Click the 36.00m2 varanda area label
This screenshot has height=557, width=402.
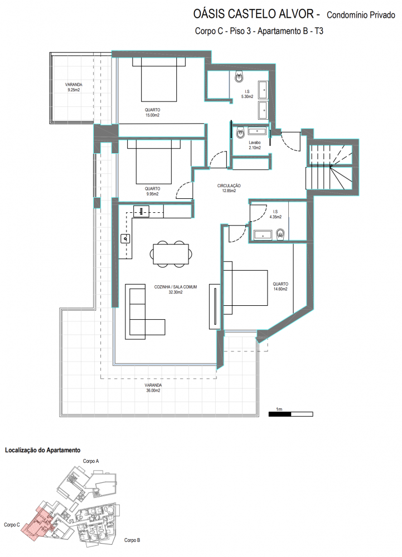tap(153, 388)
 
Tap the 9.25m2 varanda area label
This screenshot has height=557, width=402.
tap(74, 87)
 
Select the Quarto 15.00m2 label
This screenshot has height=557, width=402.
tap(152, 113)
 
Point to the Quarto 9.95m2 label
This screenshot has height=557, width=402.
tap(152, 191)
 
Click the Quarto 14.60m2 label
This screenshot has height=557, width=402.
tap(280, 286)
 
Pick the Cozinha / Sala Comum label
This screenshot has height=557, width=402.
tap(176, 290)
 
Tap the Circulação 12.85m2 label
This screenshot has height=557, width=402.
tap(229, 188)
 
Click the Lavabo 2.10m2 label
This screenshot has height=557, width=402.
tap(254, 145)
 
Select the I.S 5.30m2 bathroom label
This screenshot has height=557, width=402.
tap(247, 94)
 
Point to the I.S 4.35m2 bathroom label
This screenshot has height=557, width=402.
tap(275, 214)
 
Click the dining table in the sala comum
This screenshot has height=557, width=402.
tap(171, 254)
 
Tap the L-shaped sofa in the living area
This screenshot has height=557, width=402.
tap(144, 311)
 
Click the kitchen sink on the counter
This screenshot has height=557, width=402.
tap(125, 239)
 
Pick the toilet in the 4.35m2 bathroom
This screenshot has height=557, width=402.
tap(280, 234)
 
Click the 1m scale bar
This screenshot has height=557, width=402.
tap(290, 414)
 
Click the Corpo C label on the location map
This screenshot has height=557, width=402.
tap(12, 525)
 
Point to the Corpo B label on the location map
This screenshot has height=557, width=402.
tap(132, 540)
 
